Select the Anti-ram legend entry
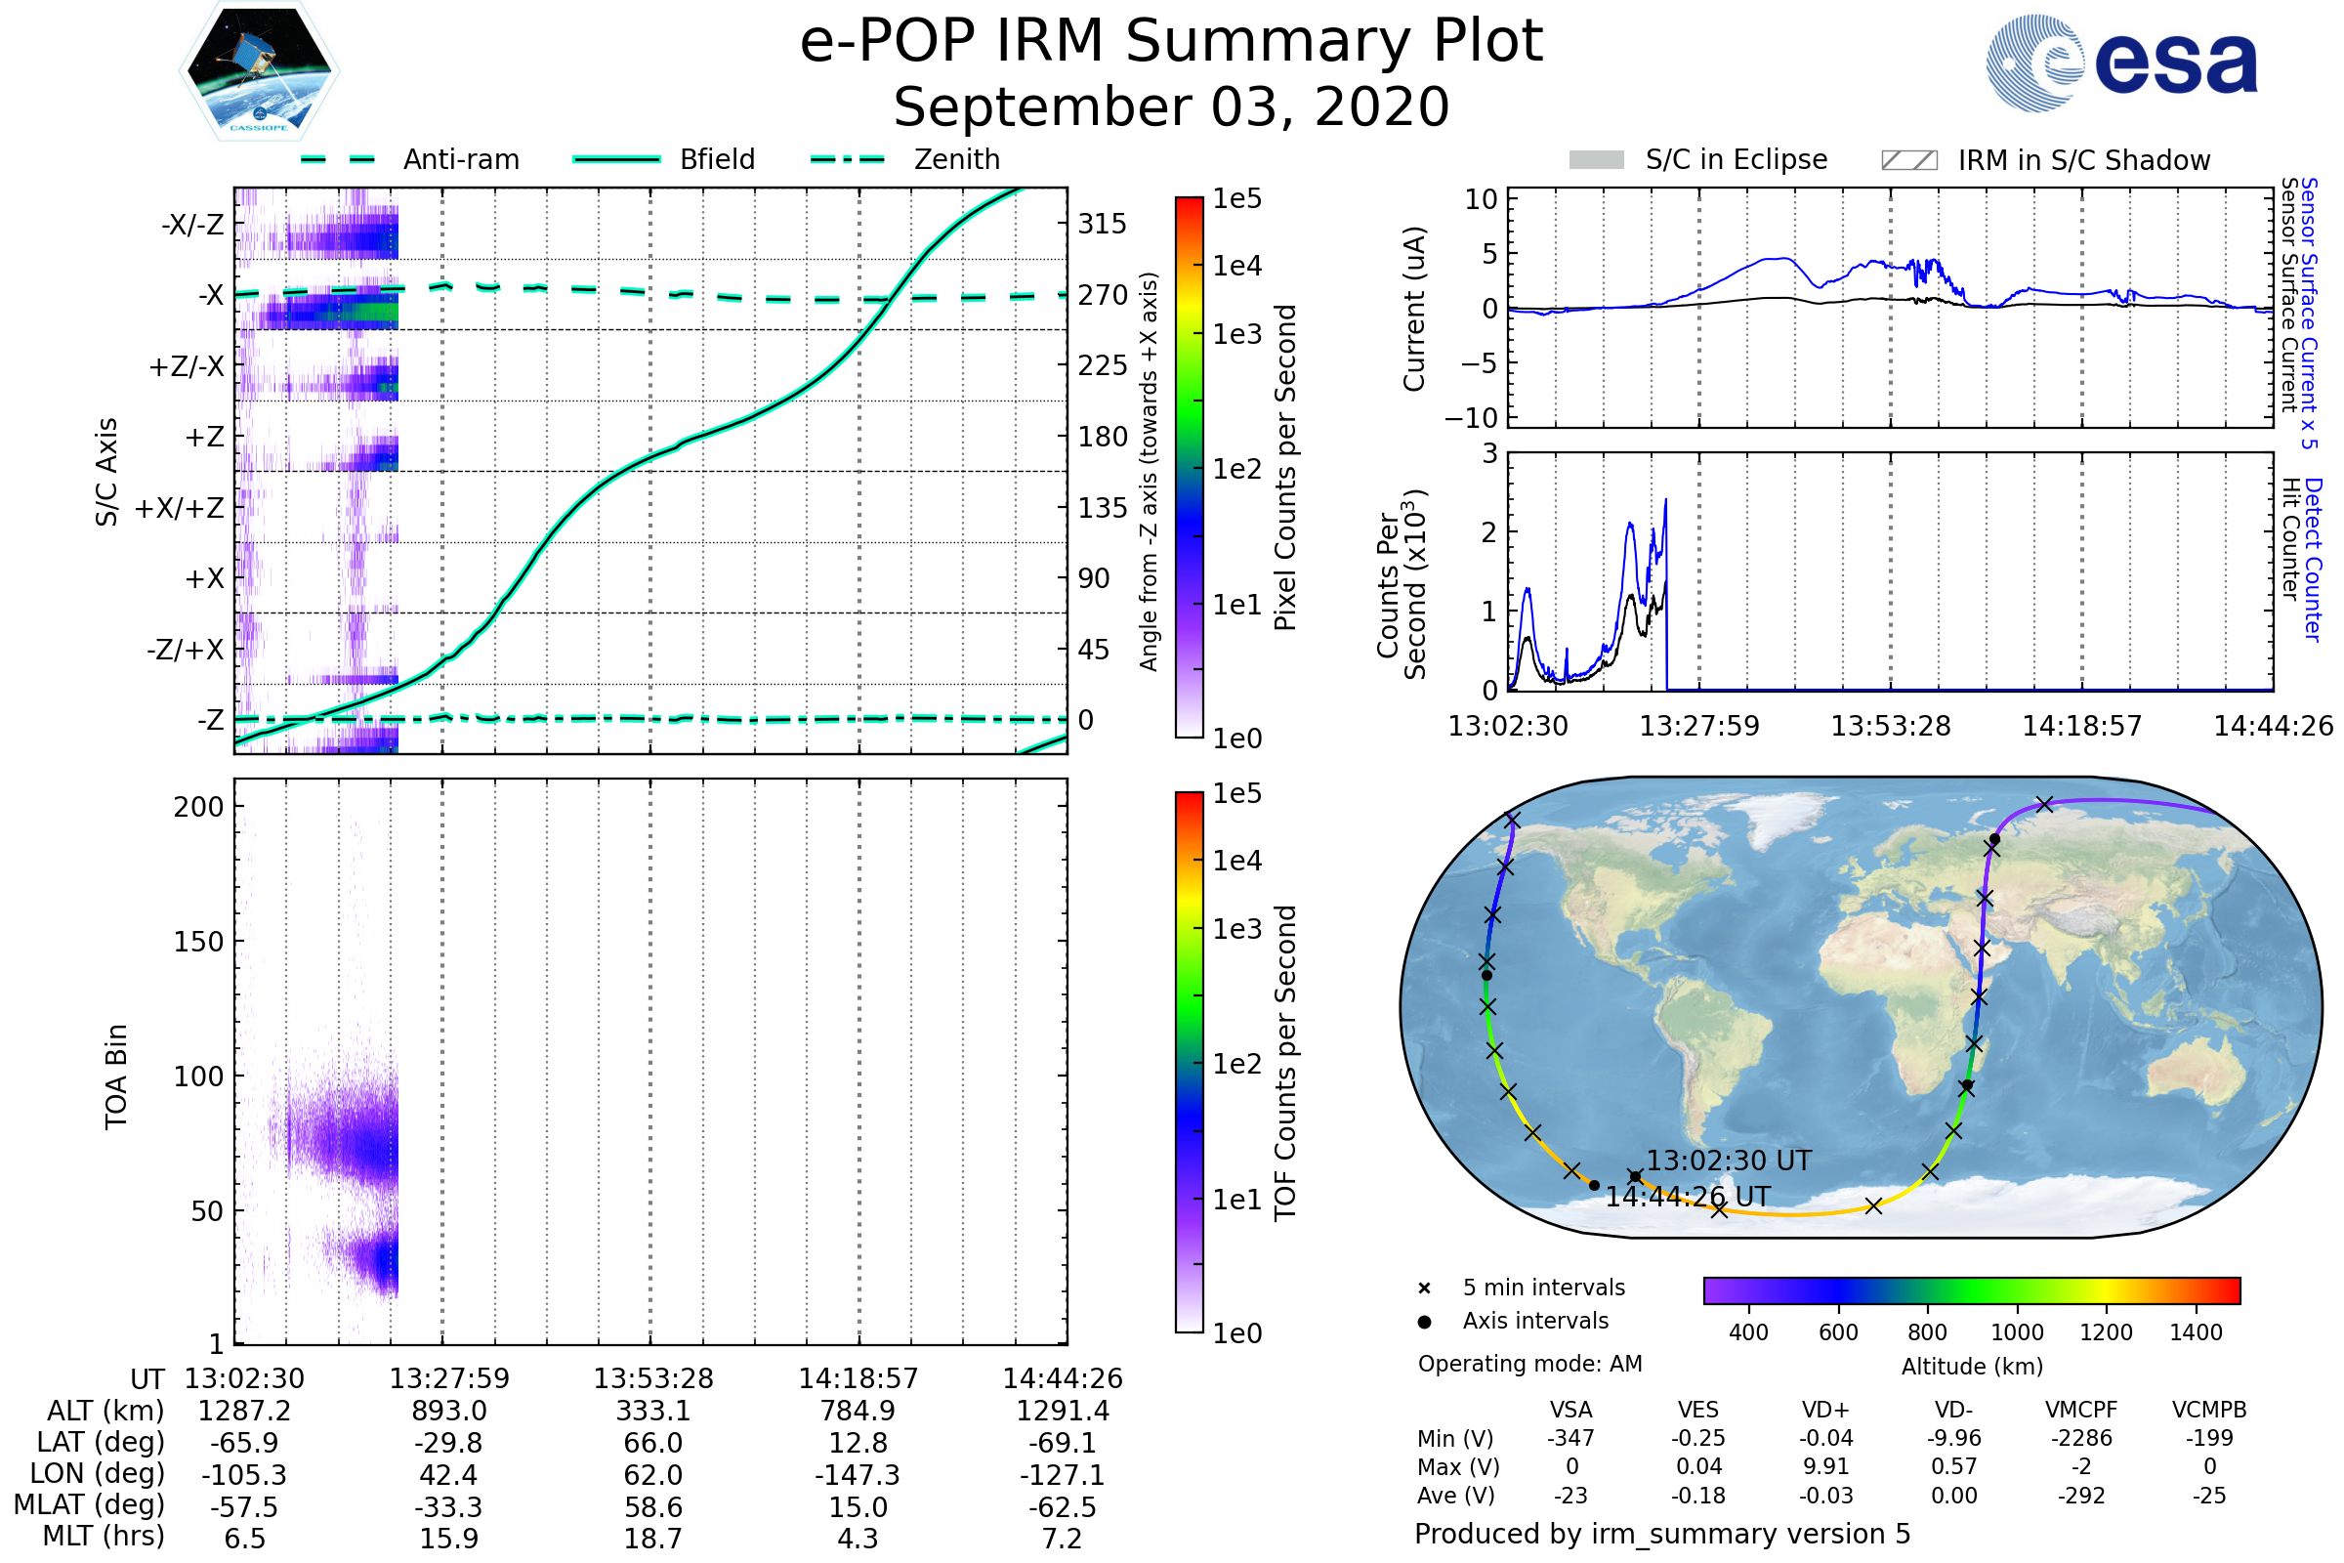pos(460,159)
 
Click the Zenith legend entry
pos(956,159)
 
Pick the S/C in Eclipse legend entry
pos(1736,159)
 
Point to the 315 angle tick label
pos(1102,224)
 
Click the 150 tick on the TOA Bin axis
pos(198,941)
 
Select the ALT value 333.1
pos(652,1411)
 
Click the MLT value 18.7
pos(652,1538)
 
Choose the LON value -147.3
pos(858,1474)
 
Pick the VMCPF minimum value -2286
pos(2081,1438)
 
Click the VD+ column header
pos(1825,1410)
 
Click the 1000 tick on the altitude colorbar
pos(2017,1332)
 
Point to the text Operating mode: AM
pos(1529,1364)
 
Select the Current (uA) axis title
pos(1414,309)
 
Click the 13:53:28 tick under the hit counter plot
pos(1891,726)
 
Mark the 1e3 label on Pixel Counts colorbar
pos(1236,334)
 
